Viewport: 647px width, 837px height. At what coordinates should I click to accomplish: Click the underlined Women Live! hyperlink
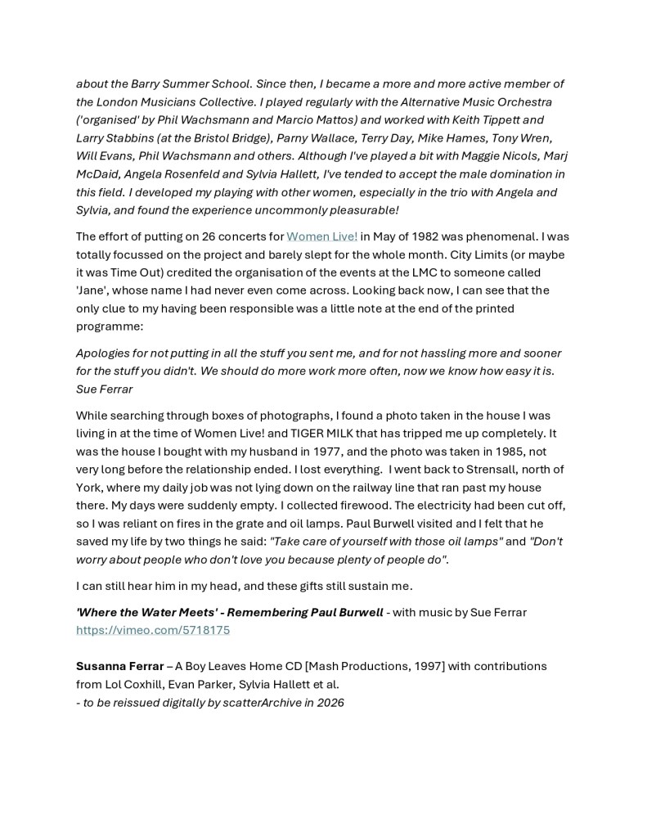click(321, 236)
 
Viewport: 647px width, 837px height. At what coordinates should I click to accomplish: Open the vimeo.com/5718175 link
click(153, 630)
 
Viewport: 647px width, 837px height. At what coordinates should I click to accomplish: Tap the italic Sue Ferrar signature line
click(104, 389)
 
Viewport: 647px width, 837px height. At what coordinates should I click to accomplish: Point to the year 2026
click(330, 702)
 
